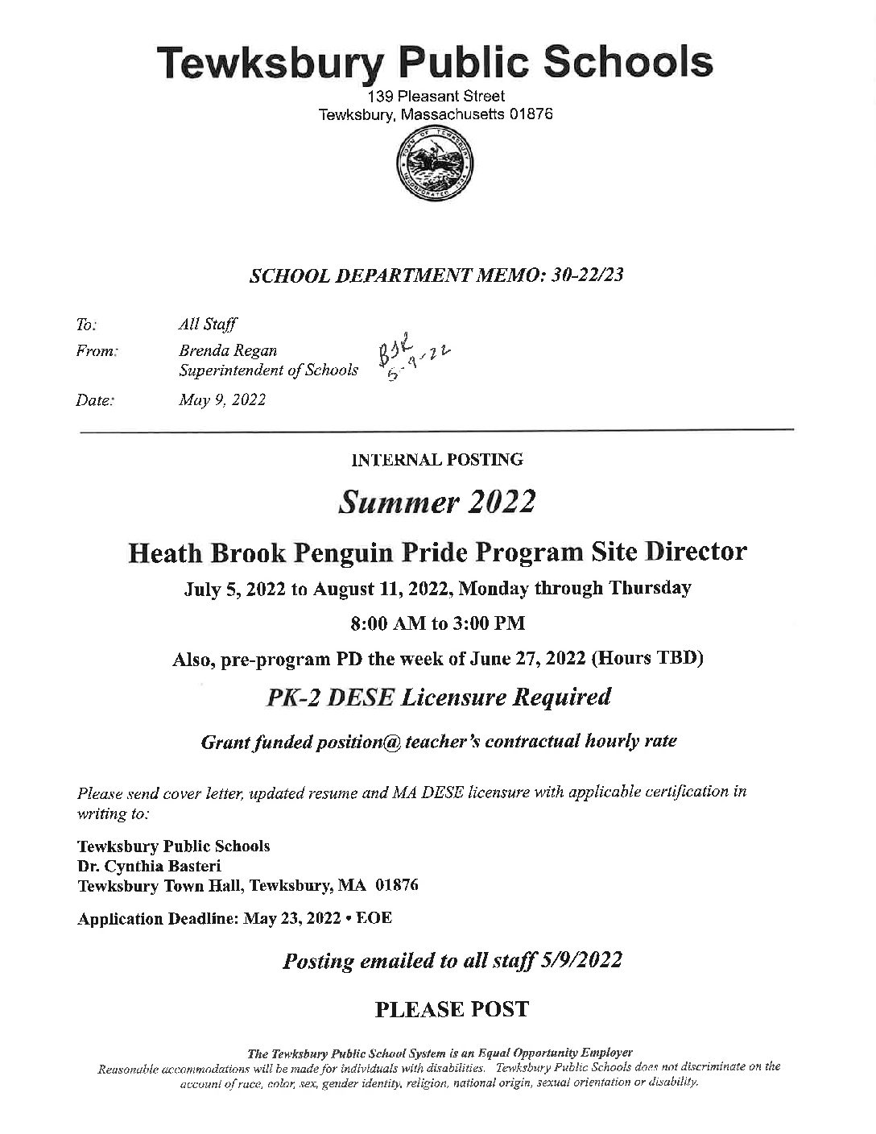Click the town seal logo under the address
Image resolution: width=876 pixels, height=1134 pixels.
point(435,164)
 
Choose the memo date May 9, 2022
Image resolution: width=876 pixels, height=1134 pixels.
point(222,399)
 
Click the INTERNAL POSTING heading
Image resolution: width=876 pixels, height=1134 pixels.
point(437,460)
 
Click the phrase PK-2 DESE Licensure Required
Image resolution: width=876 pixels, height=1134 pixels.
point(437,697)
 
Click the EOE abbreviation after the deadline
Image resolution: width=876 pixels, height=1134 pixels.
point(376,918)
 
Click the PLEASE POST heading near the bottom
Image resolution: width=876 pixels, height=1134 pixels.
point(452,1009)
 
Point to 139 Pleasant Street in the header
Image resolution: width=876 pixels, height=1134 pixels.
point(436,97)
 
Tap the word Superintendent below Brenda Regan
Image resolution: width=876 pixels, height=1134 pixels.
point(225,370)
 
